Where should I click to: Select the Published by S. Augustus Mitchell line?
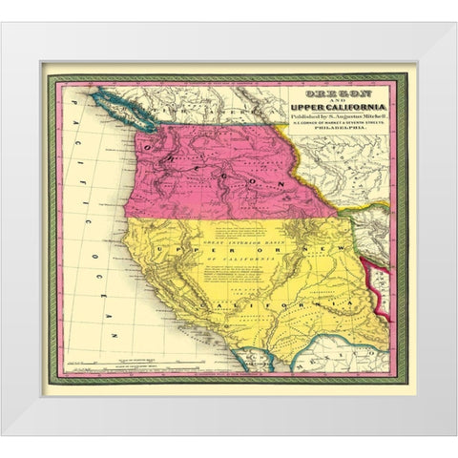328,114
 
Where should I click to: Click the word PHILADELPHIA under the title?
328,131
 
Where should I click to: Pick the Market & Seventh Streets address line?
328,123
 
